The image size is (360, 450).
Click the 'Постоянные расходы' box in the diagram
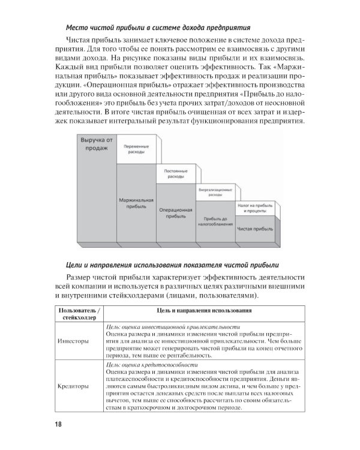175,175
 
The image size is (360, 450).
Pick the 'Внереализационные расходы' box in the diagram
214,192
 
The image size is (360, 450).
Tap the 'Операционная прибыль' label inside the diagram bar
175,214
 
